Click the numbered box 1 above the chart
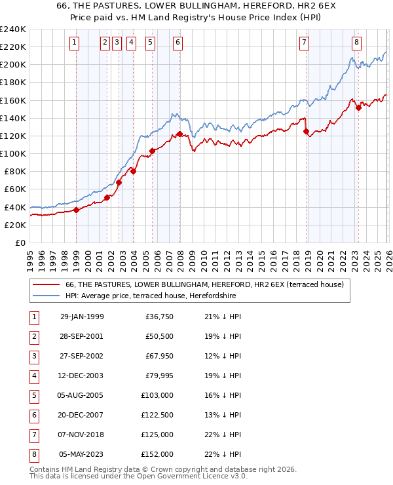pos(74,43)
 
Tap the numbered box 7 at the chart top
pos(305,43)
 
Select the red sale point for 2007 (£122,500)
pos(179,134)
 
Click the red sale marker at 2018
pos(306,131)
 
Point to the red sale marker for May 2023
pos(358,107)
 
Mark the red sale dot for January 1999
pos(76,210)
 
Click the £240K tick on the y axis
pos(12,29)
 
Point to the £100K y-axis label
pos(12,153)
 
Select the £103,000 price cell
pos(157,396)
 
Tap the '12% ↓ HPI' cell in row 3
pos(223,355)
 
